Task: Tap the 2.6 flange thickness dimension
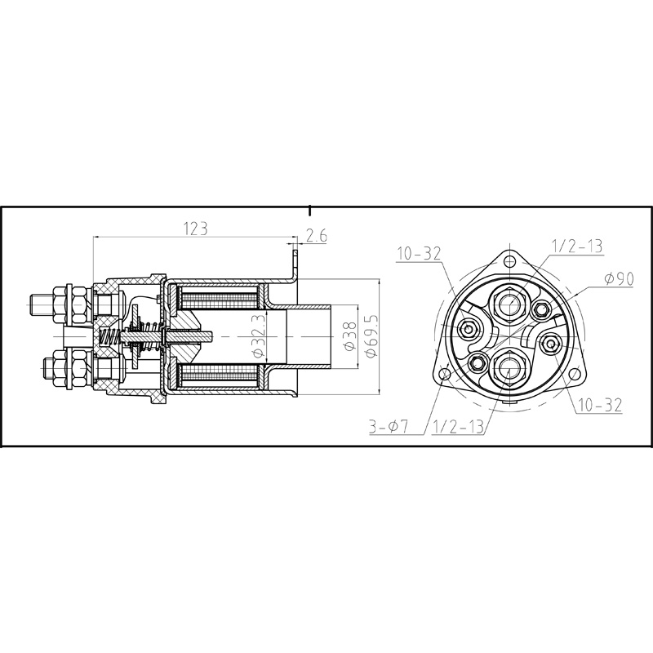pos(317,236)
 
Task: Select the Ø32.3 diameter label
pos(259,335)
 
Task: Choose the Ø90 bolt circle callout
pos(620,279)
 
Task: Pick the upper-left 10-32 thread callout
pos(418,253)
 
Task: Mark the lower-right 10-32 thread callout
pos(600,405)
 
